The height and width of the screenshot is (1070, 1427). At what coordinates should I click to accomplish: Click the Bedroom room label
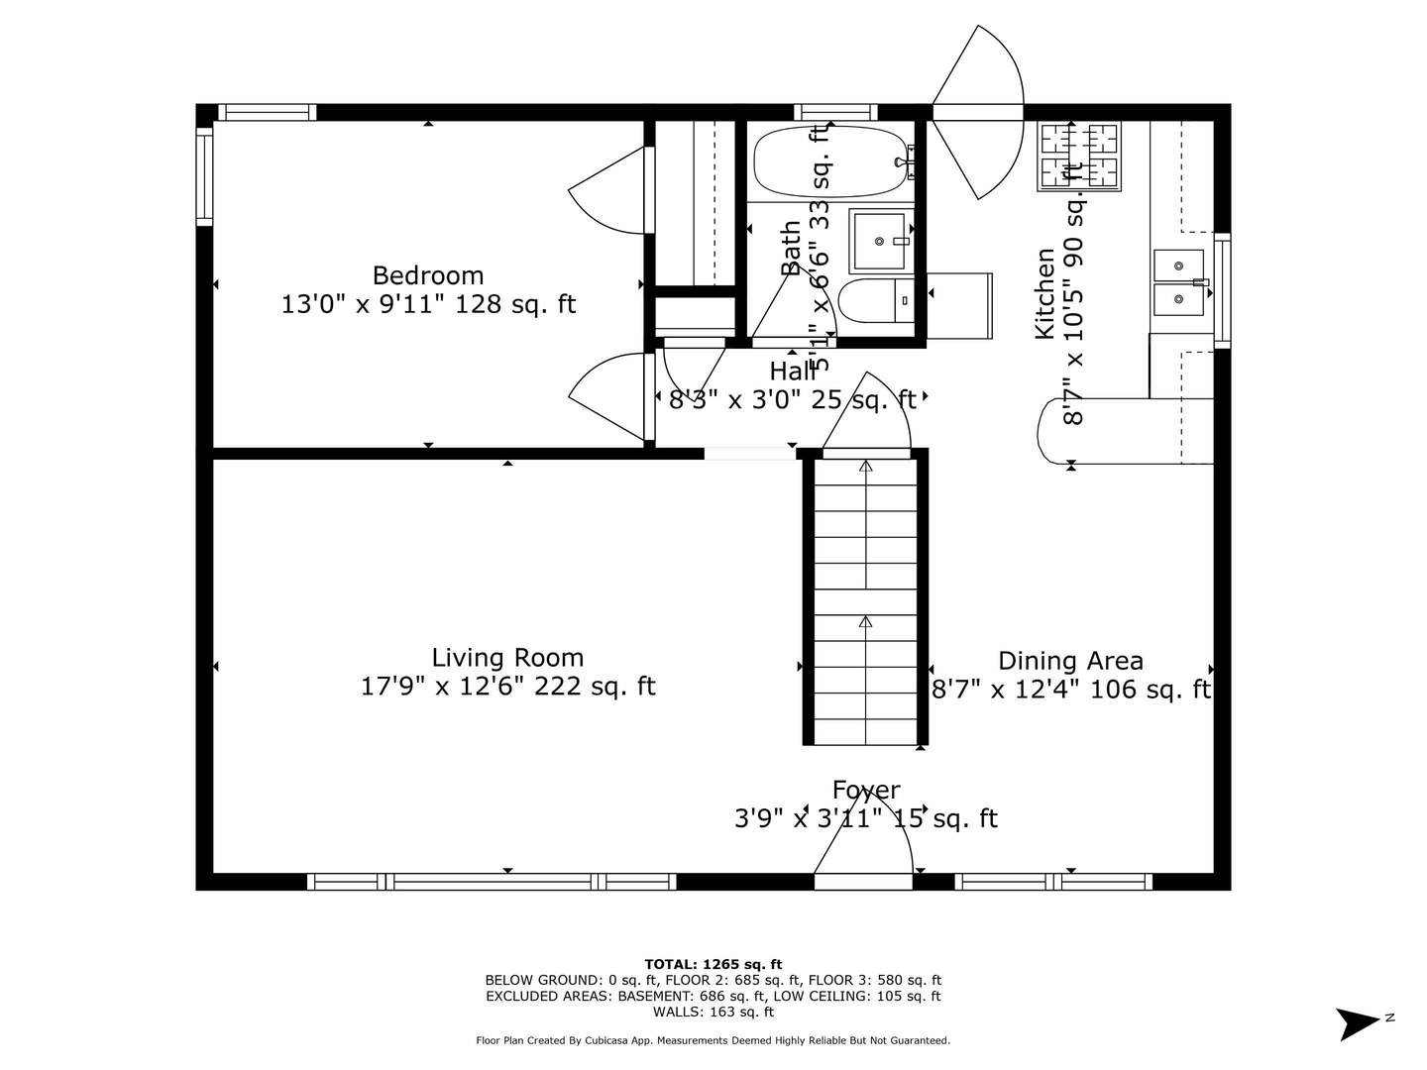[x=428, y=275]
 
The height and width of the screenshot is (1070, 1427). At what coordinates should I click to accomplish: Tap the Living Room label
[x=507, y=658]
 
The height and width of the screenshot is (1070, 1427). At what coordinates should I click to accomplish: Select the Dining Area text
[x=1070, y=661]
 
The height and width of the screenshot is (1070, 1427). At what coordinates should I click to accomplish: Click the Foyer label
[x=866, y=791]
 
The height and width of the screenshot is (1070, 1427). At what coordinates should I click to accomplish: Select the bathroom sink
[x=879, y=241]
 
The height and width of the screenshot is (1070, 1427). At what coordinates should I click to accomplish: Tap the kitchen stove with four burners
[x=1078, y=157]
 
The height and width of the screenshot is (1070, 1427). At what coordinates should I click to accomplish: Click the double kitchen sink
[x=1178, y=281]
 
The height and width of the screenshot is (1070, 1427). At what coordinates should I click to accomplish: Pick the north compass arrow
[x=1359, y=1022]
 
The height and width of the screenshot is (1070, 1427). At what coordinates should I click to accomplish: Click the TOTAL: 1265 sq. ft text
[x=713, y=964]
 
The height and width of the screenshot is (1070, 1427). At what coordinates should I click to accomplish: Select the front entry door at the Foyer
[x=863, y=852]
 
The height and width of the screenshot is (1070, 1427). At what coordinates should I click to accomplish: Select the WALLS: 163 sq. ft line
[x=713, y=1012]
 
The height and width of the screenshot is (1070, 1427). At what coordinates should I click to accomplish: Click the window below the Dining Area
[x=1053, y=881]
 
